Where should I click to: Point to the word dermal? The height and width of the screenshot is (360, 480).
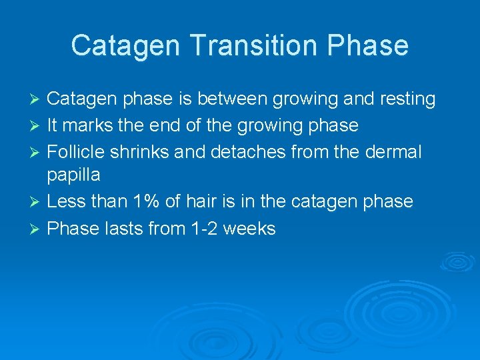[394, 151]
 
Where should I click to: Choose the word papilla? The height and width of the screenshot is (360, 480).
[73, 175]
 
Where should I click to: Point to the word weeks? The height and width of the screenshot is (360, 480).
[249, 228]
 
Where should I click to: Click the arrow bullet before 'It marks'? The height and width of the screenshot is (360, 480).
[37, 126]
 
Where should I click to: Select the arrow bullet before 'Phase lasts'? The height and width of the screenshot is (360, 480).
[37, 229]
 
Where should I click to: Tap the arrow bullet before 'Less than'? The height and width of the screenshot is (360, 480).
[37, 202]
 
